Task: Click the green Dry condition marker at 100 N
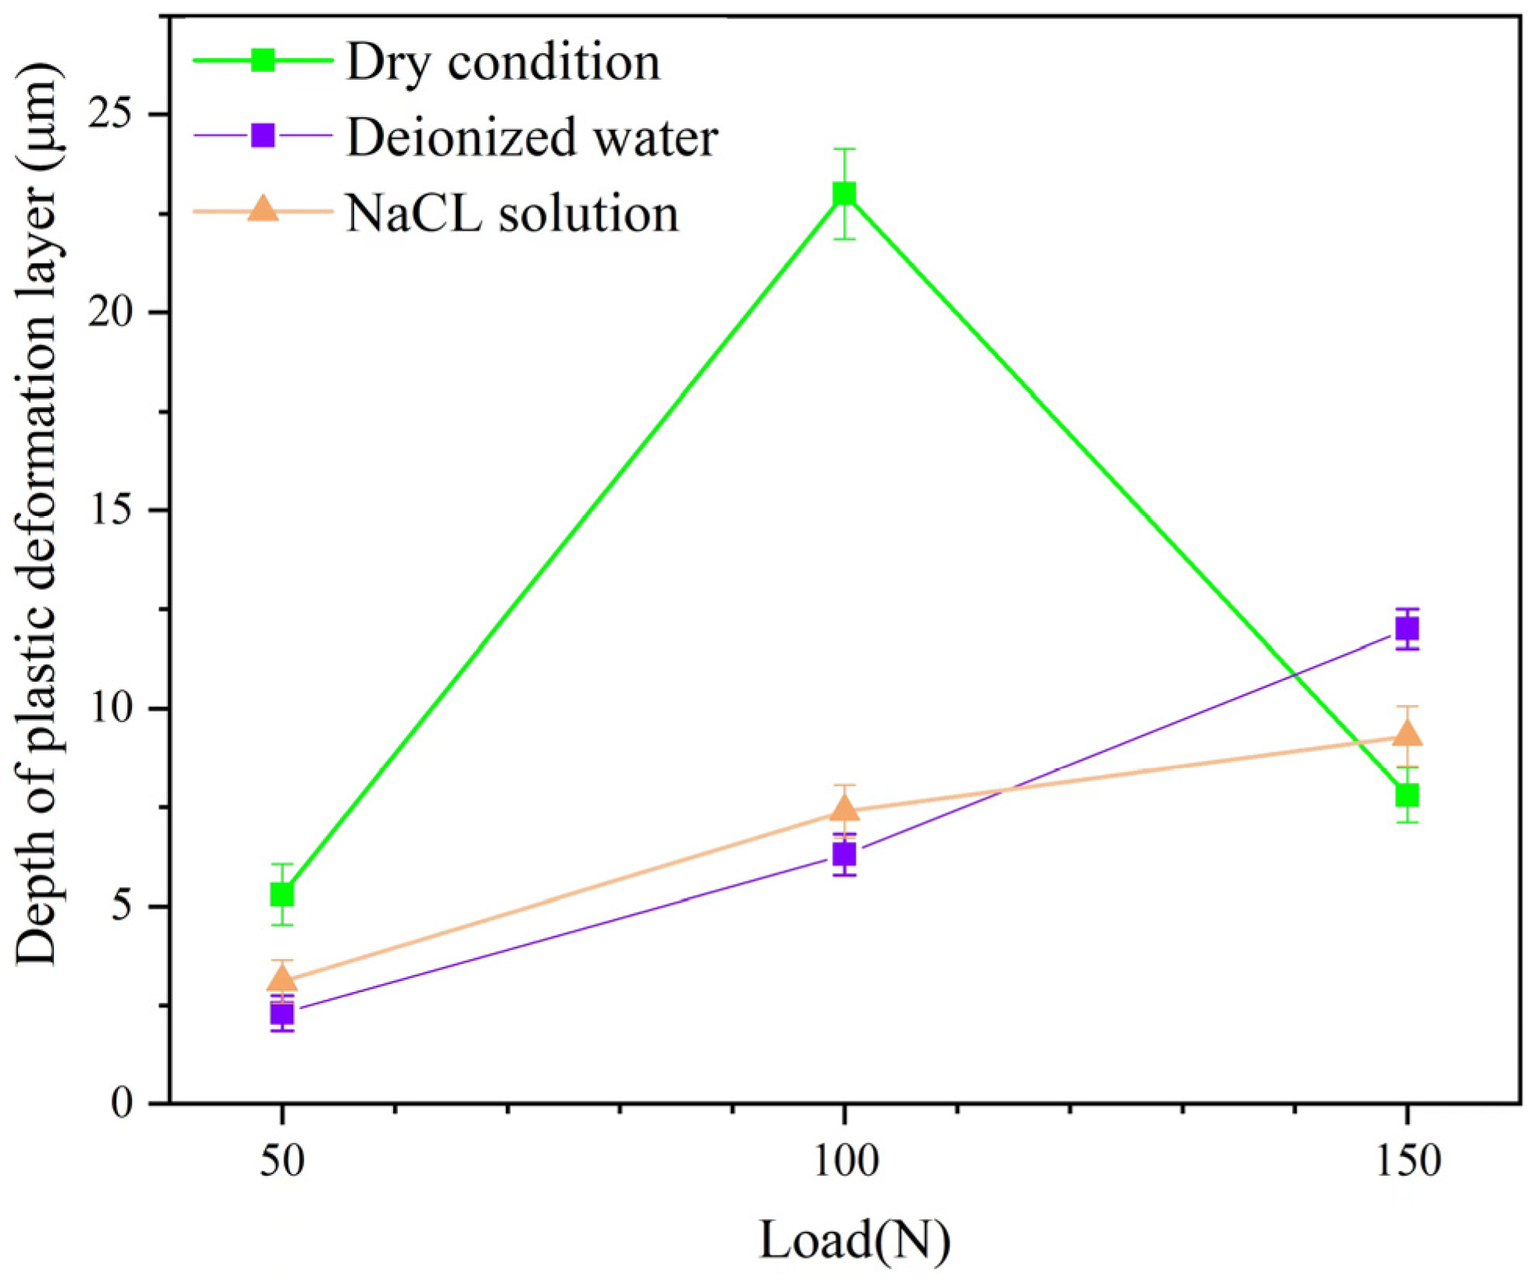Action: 843,193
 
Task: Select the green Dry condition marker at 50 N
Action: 281,893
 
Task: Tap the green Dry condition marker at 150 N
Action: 1406,795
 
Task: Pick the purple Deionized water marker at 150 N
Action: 1406,628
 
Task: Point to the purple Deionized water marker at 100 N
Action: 843,854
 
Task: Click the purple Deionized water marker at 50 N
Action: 281,1014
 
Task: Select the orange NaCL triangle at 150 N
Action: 1406,733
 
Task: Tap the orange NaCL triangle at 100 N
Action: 843,808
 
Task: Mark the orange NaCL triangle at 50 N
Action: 281,979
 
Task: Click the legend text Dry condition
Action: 503,62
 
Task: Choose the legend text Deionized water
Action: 531,138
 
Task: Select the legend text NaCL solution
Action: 512,213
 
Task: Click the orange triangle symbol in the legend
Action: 263,209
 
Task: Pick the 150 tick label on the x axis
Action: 1408,1161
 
